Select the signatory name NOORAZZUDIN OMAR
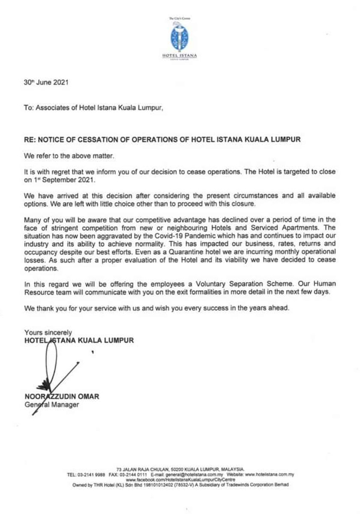(x=62, y=397)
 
